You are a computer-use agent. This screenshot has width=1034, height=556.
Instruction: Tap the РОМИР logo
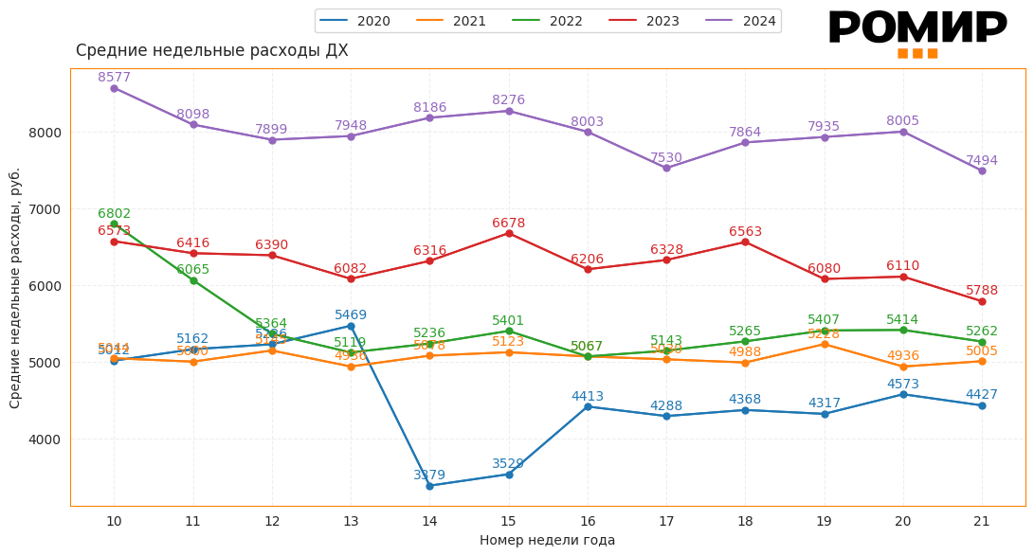pyautogui.click(x=917, y=29)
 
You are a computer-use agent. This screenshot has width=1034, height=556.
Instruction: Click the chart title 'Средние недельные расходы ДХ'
pyautogui.click(x=211, y=51)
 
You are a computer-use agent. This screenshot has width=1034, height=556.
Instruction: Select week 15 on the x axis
pyautogui.click(x=509, y=521)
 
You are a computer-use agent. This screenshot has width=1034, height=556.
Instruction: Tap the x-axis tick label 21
pyautogui.click(x=982, y=521)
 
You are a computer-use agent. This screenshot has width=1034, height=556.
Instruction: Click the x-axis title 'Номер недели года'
pyautogui.click(x=547, y=541)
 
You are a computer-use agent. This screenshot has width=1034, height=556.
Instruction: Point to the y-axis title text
pyautogui.click(x=16, y=288)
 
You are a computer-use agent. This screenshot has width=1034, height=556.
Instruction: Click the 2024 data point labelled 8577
pyautogui.click(x=114, y=88)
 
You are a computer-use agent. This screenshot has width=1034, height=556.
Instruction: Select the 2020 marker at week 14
pyautogui.click(x=429, y=486)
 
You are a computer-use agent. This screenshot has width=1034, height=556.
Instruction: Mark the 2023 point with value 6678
pyautogui.click(x=509, y=233)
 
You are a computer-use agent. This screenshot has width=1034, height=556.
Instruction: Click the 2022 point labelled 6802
pyautogui.click(x=114, y=224)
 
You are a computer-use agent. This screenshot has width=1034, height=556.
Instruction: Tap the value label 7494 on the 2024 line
pyautogui.click(x=982, y=161)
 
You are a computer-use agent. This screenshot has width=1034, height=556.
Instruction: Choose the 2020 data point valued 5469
pyautogui.click(x=351, y=326)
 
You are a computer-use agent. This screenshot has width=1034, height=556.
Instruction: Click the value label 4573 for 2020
pyautogui.click(x=903, y=385)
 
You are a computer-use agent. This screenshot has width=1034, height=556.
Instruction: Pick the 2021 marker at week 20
pyautogui.click(x=903, y=367)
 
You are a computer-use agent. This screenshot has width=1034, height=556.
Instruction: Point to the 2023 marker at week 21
pyautogui.click(x=982, y=301)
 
